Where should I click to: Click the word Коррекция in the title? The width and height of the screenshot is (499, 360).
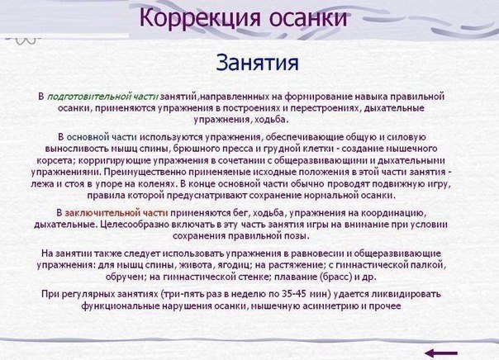click(200, 18)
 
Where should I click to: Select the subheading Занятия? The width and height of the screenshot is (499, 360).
click(258, 63)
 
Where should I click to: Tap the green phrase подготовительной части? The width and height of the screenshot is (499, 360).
click(102, 97)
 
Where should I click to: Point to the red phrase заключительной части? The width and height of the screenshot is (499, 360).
click(116, 213)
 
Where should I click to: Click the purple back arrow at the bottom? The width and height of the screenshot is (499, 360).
click(441, 353)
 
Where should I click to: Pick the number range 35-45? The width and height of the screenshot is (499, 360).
click(294, 294)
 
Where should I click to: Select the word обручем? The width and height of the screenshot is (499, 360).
click(125, 277)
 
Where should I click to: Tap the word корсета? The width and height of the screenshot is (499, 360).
click(55, 161)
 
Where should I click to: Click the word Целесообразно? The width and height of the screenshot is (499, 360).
click(134, 225)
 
